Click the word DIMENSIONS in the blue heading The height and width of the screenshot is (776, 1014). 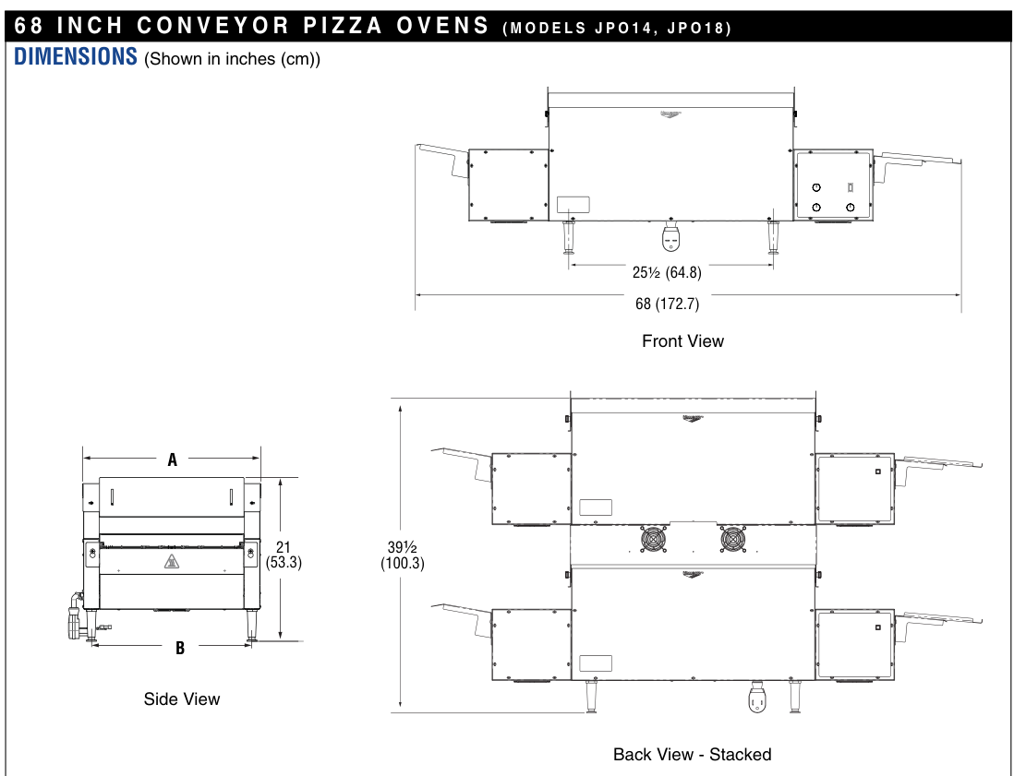click(76, 57)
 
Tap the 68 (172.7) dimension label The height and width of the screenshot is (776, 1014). click(673, 304)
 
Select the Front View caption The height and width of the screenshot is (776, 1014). click(682, 341)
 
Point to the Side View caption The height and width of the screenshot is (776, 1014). click(182, 699)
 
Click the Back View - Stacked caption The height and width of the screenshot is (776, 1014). click(692, 755)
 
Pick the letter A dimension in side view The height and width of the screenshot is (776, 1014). click(172, 460)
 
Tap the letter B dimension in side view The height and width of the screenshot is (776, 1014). click(180, 648)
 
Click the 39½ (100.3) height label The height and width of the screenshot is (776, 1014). click(403, 555)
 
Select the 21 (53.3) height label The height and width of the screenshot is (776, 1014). click(284, 554)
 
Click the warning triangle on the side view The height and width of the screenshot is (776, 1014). click(171, 562)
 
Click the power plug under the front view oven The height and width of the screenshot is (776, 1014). click(671, 238)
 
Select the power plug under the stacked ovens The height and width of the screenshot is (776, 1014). click(758, 699)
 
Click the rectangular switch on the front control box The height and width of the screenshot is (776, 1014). click(850, 186)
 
